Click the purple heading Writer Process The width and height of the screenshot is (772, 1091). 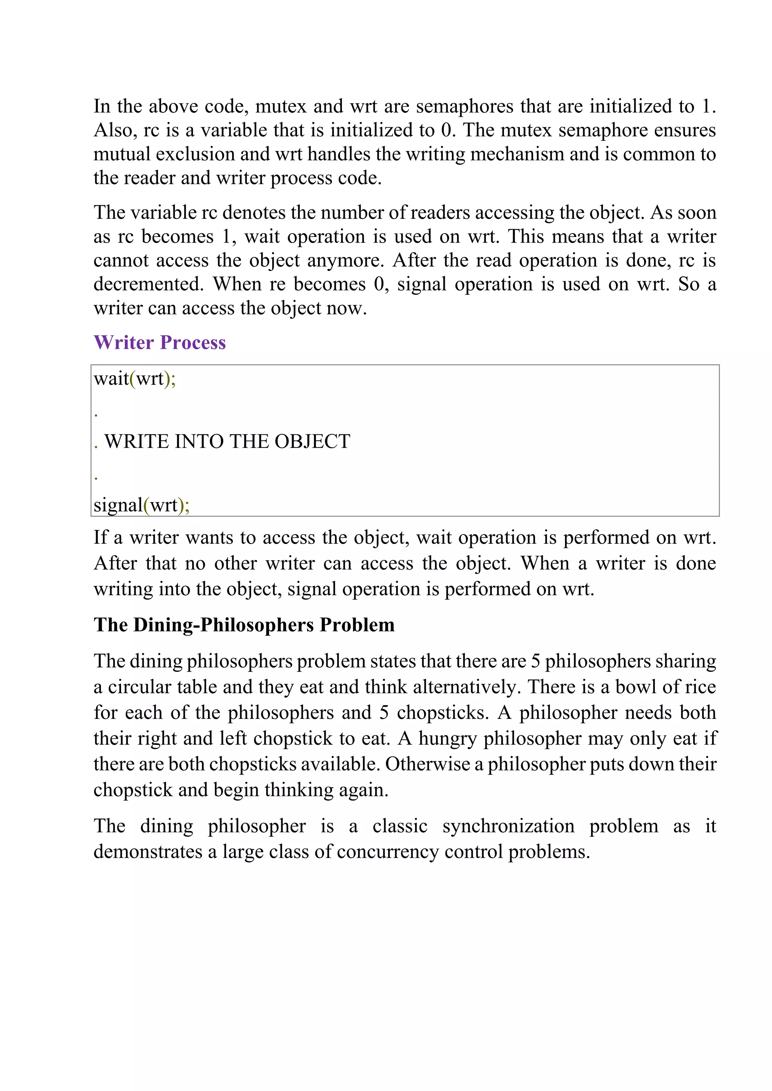pyautogui.click(x=160, y=342)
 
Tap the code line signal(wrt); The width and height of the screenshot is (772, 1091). pyautogui.click(x=141, y=505)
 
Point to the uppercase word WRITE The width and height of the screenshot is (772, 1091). pyautogui.click(x=137, y=442)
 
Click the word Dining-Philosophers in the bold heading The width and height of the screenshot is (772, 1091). pyautogui.click(x=224, y=625)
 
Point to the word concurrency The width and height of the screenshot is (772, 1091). pyautogui.click(x=388, y=851)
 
